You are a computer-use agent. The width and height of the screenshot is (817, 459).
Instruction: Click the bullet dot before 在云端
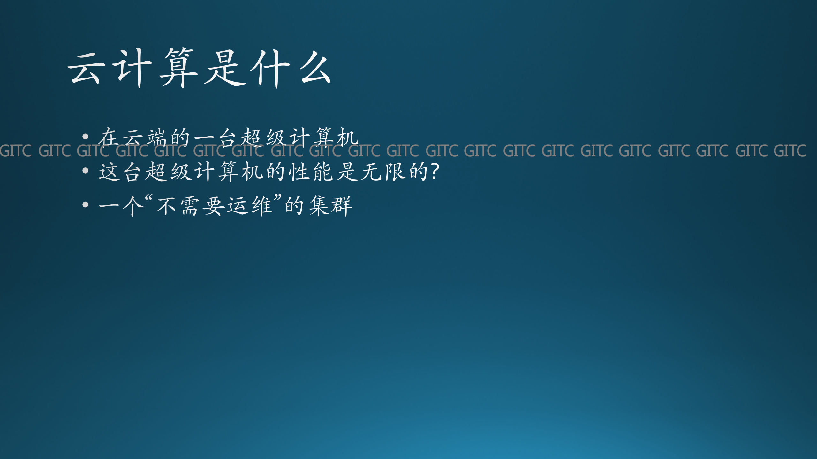tap(85, 137)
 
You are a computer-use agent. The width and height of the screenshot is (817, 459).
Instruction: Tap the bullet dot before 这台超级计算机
tap(85, 171)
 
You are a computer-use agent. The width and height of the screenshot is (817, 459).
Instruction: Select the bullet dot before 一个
tap(85, 204)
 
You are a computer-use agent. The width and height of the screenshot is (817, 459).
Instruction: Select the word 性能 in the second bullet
tap(311, 172)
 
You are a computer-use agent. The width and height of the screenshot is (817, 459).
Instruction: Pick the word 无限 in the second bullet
tap(383, 172)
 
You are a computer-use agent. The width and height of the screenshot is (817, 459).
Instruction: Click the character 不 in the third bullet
tap(166, 206)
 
